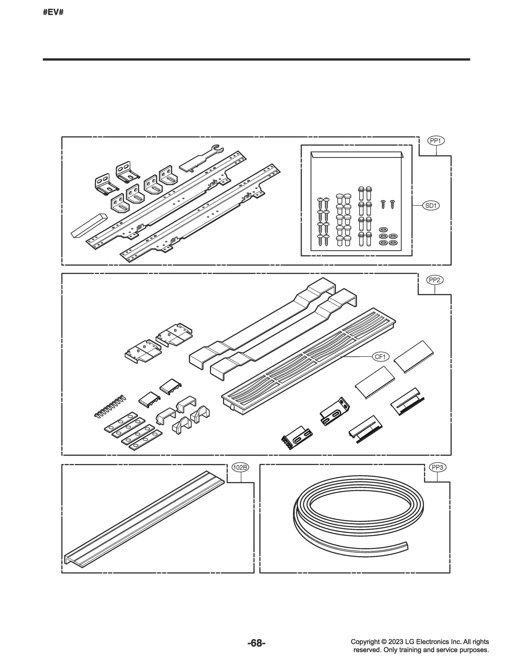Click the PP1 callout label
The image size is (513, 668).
coord(436,141)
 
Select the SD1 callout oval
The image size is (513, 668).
coord(431,206)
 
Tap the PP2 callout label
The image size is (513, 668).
coord(435,280)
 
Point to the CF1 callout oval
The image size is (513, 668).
coord(381,357)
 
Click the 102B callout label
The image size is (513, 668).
coord(240,467)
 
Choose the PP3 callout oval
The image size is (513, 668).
coord(437,467)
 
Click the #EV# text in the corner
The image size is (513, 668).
coord(53,13)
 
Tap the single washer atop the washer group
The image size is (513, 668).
coord(382,229)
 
